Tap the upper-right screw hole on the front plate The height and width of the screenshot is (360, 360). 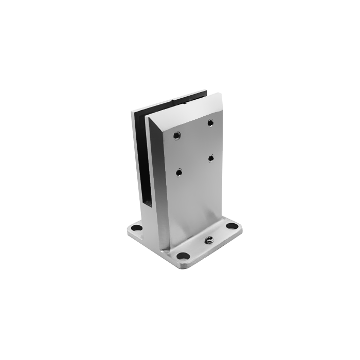click(210, 122)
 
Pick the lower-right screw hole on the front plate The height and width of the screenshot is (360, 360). click(211, 158)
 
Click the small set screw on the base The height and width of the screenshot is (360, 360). click(209, 240)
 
